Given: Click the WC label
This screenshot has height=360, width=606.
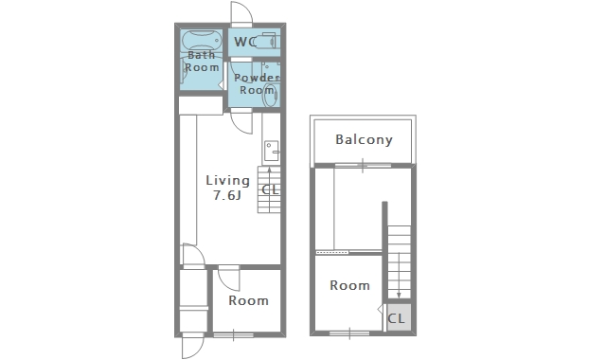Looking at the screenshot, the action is (x=244, y=42).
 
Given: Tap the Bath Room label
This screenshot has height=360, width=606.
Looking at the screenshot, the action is (x=202, y=61).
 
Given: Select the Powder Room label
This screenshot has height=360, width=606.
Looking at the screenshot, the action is (x=257, y=84).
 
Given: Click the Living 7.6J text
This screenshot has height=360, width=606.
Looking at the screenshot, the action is (x=227, y=188).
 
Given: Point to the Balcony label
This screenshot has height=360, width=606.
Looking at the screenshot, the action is (x=364, y=139).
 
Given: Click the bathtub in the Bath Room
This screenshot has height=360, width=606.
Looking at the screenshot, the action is (x=202, y=40).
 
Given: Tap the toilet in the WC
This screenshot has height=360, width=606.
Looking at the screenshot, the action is (x=267, y=41).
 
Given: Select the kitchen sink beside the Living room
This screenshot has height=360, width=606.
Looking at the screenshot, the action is (x=272, y=151).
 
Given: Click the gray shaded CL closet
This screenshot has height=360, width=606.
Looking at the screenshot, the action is (x=399, y=317).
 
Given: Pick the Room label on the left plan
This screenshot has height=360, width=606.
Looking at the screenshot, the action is (x=248, y=300).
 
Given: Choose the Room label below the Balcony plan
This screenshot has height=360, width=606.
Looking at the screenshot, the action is (x=349, y=285).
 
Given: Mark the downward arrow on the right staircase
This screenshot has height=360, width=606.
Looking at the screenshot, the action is (x=399, y=275).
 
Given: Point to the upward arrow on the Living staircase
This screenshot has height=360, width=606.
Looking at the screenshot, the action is (x=269, y=189).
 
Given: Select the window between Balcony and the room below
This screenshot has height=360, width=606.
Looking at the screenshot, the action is (x=363, y=166).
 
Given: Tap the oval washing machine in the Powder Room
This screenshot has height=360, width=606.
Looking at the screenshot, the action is (x=270, y=96).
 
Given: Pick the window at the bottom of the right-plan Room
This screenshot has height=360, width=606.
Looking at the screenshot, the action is (x=349, y=333).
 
